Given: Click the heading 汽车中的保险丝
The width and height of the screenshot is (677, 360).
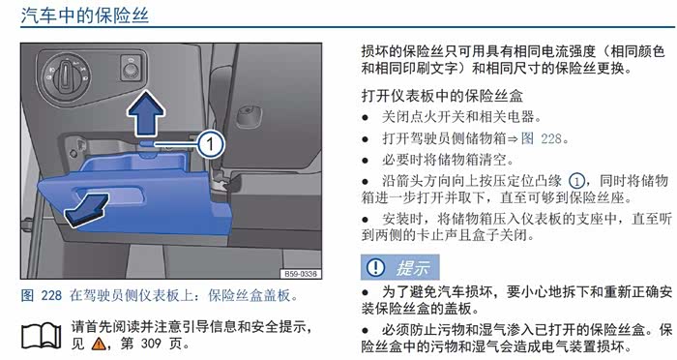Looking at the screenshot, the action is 85,15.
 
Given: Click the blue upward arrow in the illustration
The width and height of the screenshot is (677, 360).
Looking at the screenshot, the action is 145,113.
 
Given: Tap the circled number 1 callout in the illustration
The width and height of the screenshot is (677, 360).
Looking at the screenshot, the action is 211,144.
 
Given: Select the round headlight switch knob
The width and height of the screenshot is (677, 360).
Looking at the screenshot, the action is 66,75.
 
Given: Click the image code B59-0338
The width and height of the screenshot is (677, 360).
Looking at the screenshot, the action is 301,274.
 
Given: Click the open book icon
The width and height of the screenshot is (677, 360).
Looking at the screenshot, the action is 42,336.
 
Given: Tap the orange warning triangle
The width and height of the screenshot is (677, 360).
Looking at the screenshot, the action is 99,344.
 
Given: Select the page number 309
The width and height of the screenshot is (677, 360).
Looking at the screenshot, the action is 151,344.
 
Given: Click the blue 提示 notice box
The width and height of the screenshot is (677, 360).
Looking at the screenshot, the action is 399,267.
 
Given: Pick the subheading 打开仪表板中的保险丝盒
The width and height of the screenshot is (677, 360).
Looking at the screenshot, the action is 442,96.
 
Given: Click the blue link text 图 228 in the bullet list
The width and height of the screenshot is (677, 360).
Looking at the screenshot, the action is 542,138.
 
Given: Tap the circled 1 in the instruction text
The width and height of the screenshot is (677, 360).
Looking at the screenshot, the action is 576,181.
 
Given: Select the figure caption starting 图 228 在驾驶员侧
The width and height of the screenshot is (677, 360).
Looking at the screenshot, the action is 160,295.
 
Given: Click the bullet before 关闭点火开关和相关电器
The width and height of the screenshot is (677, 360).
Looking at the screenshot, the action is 366,117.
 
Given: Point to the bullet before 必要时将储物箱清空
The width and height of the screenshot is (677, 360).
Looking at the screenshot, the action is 366,161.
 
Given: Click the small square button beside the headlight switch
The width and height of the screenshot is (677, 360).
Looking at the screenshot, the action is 132,68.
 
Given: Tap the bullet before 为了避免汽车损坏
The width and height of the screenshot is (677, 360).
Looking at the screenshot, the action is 366,292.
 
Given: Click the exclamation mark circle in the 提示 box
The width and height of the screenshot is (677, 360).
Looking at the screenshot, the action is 375,267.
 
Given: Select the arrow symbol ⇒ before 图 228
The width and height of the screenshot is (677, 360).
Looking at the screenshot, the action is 513,138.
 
